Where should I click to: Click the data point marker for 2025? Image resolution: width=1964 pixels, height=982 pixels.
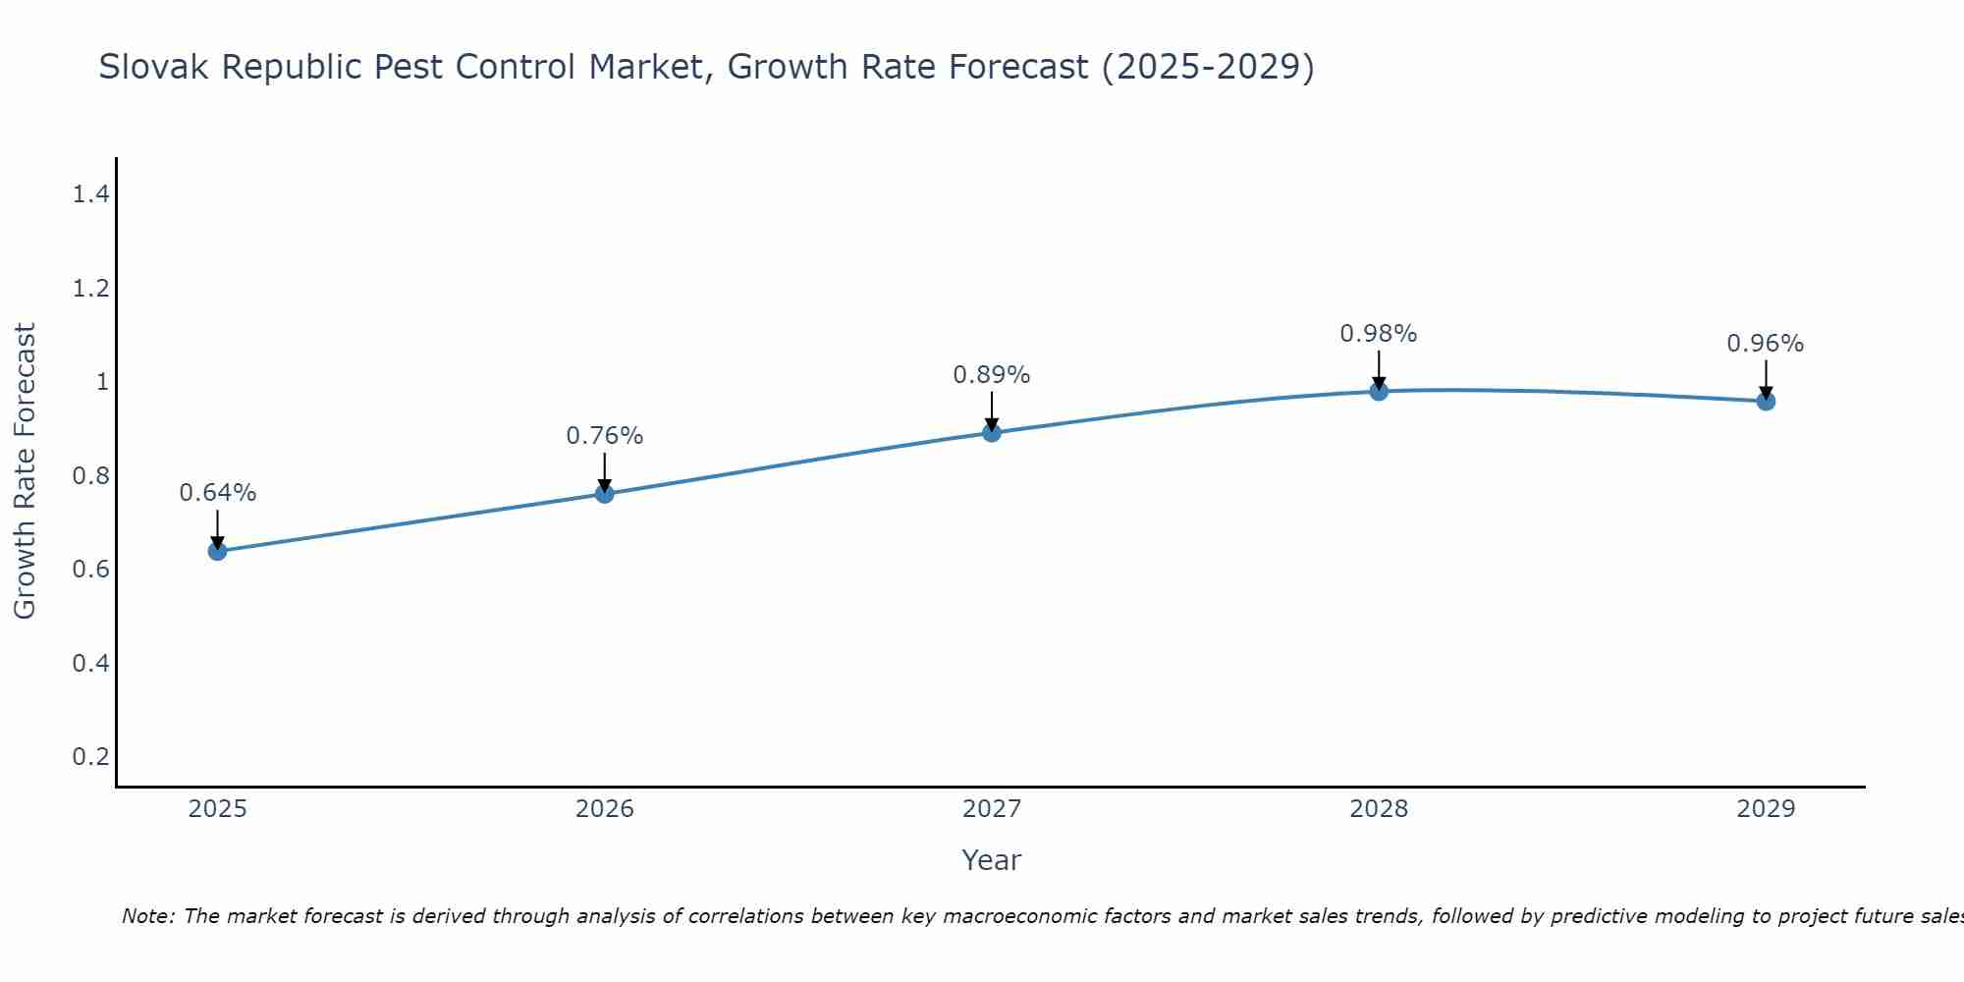[x=217, y=551]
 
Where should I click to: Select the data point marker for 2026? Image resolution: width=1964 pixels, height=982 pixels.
[x=605, y=494]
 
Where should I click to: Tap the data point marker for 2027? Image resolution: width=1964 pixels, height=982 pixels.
[x=992, y=433]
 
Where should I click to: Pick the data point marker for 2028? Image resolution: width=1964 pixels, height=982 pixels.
[x=1379, y=391]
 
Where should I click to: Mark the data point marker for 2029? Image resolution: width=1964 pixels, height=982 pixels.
[x=1766, y=401]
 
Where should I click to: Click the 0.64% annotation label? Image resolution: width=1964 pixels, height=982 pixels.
[x=217, y=493]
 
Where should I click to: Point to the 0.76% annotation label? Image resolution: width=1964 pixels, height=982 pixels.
[x=605, y=436]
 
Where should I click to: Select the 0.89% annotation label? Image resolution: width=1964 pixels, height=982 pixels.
[x=992, y=375]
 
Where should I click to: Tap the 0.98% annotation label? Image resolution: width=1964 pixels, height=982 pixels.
[x=1379, y=334]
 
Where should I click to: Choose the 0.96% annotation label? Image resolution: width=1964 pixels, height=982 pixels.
[x=1766, y=344]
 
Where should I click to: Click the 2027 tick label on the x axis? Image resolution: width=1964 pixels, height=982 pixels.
[x=992, y=809]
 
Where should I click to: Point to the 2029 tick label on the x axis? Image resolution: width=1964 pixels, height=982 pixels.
[x=1766, y=809]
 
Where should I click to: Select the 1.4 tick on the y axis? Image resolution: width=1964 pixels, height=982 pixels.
[x=90, y=194]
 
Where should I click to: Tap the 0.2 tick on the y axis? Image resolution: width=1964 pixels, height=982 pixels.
[x=90, y=756]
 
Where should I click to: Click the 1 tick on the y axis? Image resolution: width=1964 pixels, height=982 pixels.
[x=102, y=382]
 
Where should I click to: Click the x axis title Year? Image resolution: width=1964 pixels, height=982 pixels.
[x=992, y=860]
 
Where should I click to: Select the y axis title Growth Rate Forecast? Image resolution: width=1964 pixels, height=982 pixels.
[x=26, y=471]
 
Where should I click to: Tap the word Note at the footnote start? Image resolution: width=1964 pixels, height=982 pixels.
[x=146, y=916]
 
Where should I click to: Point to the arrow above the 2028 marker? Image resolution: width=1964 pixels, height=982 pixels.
[x=1379, y=369]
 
